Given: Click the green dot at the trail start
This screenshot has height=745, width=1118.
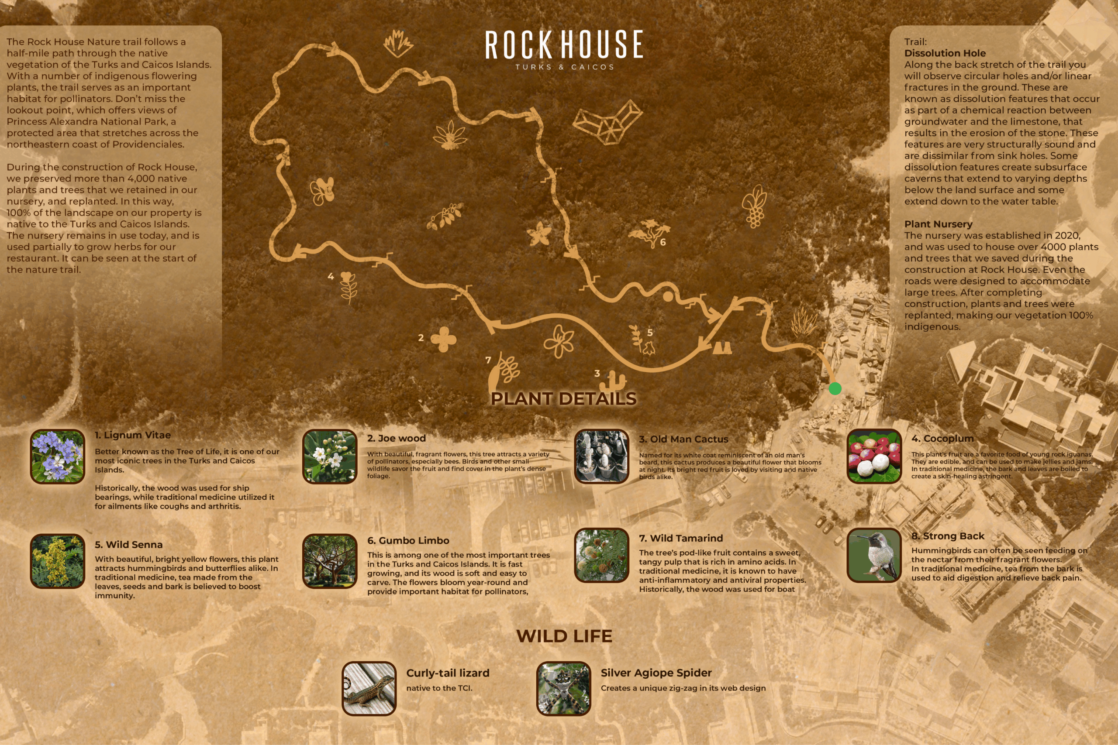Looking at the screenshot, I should pyautogui.click(x=835, y=389).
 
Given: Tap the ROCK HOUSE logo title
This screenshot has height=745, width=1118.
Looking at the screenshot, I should pyautogui.click(x=564, y=45).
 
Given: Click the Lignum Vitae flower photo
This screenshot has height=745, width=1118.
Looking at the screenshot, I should pyautogui.click(x=58, y=457).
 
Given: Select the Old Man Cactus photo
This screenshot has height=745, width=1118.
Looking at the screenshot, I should pyautogui.click(x=601, y=457).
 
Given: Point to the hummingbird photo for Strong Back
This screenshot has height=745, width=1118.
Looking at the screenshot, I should pyautogui.click(x=874, y=555).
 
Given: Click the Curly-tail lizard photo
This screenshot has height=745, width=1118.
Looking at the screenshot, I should pyautogui.click(x=369, y=688).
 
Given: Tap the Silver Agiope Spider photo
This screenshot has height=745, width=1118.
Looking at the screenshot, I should pyautogui.click(x=563, y=688).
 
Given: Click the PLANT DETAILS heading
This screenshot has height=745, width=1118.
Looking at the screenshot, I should pyautogui.click(x=563, y=398).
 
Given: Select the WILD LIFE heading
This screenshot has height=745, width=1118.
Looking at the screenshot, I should pyautogui.click(x=564, y=636).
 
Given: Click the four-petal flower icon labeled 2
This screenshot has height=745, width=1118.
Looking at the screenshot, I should pyautogui.click(x=443, y=339).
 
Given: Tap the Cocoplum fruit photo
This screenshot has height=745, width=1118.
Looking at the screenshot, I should pyautogui.click(x=874, y=457).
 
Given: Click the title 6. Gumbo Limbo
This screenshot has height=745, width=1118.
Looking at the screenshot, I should pyautogui.click(x=408, y=541).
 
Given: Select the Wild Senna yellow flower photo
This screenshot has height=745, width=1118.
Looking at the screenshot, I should pyautogui.click(x=58, y=561).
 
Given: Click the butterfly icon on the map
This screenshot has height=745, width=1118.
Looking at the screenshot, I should pyautogui.click(x=323, y=191).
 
